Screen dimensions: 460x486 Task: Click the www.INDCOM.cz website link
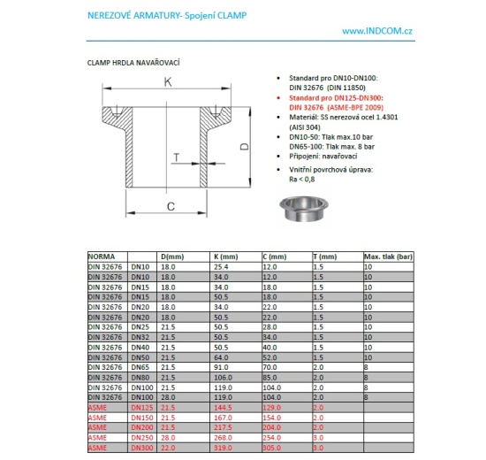pos(378,31)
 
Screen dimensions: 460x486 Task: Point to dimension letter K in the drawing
pos(166,81)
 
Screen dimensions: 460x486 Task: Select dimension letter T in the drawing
pos(176,158)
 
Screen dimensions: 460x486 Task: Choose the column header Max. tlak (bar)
pos(389,257)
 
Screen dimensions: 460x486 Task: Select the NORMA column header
pos(102,257)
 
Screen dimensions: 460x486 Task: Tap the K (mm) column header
pos(227,257)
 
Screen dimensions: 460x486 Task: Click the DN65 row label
pos(140,366)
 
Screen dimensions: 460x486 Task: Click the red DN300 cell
pos(141,447)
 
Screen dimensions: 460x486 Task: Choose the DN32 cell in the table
pos(140,336)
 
